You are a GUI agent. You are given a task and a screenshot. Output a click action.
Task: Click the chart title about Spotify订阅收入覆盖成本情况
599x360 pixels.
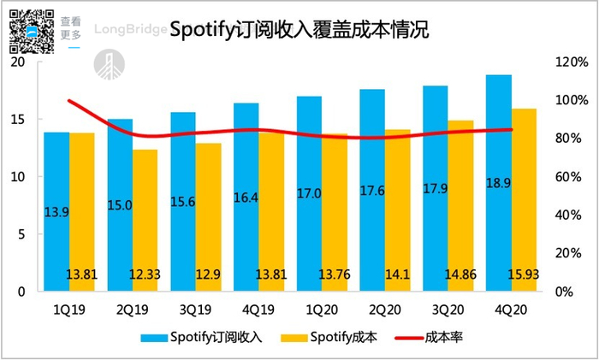[x=299, y=30]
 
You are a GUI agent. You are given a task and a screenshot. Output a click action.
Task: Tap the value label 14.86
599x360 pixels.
[x=460, y=274]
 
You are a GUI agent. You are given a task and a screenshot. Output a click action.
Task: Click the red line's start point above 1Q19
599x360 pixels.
[x=68, y=101]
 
